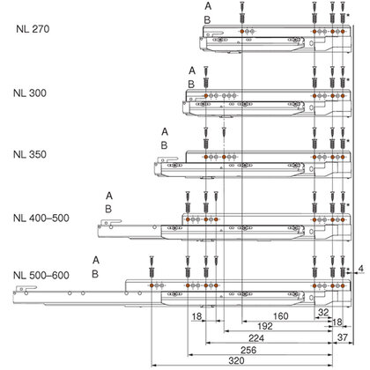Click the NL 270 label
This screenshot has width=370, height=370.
point(33,29)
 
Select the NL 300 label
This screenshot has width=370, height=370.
point(30,93)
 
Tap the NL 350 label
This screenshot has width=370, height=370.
point(30,154)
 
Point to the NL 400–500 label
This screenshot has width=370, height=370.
point(41,218)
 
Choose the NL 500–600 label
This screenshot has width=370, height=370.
point(41,276)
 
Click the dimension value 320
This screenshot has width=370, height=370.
point(236,360)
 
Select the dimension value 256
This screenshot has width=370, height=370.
point(248,350)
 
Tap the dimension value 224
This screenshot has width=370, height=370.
point(256,338)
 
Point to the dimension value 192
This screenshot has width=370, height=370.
point(265,326)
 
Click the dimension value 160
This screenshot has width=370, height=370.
point(281,316)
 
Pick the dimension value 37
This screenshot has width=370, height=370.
point(343,337)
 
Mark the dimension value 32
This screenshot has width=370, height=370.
point(323,312)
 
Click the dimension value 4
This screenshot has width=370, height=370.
point(361,269)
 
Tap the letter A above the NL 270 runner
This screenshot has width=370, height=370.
point(208,6)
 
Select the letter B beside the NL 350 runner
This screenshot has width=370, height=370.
point(164,145)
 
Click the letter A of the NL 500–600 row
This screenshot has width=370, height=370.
point(96,260)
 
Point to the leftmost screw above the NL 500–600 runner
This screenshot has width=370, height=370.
point(152,266)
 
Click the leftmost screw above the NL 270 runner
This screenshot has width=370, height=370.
point(242,12)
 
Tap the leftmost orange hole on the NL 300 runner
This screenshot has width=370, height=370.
point(206,96)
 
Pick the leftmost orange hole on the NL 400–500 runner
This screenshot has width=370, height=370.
point(188,219)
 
